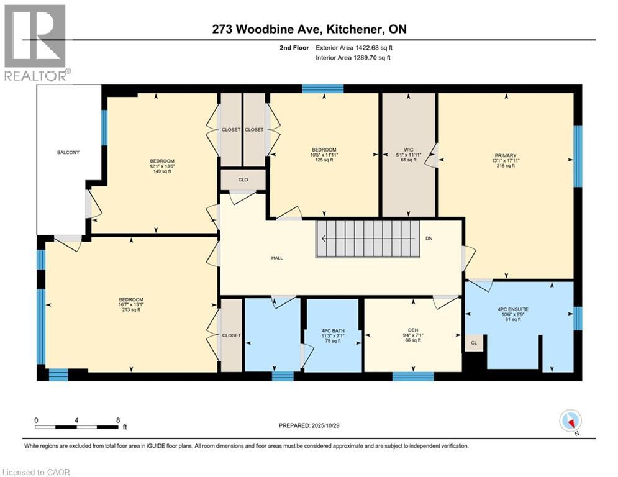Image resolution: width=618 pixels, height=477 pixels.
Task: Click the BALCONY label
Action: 68,152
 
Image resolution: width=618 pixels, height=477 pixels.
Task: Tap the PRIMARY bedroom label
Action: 506,156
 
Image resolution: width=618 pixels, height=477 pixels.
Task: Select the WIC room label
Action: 408,150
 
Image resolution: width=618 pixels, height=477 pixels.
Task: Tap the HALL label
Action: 277,258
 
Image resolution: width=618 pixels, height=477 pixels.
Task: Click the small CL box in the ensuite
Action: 474,342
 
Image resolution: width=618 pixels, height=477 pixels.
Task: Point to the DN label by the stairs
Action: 429,238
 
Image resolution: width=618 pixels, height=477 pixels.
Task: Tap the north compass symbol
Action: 570,422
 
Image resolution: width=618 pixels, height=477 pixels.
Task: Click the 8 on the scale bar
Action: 117,420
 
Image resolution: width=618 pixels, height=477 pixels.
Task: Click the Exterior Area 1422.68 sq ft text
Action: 353,47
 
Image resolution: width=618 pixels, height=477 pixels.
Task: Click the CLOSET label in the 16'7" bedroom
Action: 231,335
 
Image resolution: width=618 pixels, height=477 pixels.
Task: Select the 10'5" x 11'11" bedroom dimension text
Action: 324,155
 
